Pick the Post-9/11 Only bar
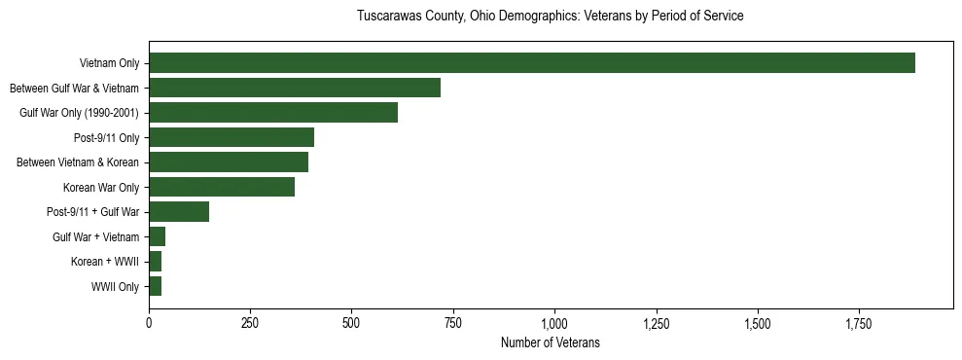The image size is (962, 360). pyautogui.click(x=232, y=137)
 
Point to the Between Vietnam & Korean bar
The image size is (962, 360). pyautogui.click(x=229, y=162)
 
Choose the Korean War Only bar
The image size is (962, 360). pyautogui.click(x=222, y=187)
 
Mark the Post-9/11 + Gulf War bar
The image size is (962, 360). pyautogui.click(x=179, y=212)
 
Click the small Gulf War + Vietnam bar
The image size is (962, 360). pyautogui.click(x=158, y=236)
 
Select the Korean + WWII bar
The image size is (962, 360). pyautogui.click(x=156, y=262)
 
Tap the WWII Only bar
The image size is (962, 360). pyautogui.click(x=156, y=286)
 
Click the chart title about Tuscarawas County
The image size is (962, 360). pyautogui.click(x=550, y=17)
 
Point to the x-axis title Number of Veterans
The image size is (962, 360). pyautogui.click(x=550, y=343)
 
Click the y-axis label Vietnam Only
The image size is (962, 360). pyautogui.click(x=109, y=63)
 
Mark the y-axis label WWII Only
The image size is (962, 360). pyautogui.click(x=115, y=286)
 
